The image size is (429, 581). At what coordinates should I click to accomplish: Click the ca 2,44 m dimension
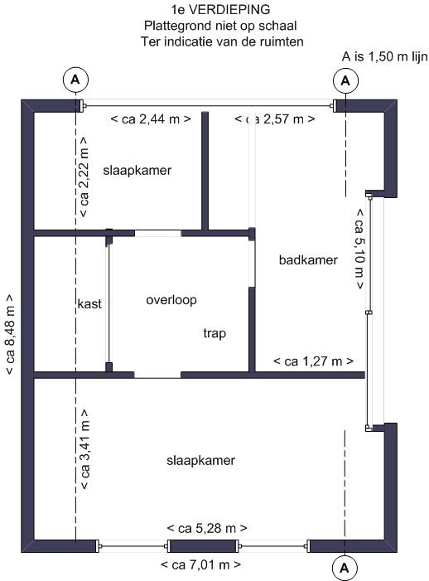click(152, 119)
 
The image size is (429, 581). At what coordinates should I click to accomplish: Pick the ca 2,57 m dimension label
click(275, 119)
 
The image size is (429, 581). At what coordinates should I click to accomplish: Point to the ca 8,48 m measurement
click(11, 334)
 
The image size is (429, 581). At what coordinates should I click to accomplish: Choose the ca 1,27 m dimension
click(314, 362)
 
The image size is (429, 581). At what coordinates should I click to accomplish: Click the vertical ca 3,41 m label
click(83, 449)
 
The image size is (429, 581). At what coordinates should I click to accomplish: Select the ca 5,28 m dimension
click(207, 528)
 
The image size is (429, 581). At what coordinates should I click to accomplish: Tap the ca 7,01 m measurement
click(201, 565)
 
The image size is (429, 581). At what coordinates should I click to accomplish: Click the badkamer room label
click(308, 260)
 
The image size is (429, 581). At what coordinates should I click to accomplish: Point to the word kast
click(89, 303)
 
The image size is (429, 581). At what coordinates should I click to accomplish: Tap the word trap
click(214, 333)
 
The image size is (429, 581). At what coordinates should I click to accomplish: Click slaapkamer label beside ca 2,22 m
click(137, 171)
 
